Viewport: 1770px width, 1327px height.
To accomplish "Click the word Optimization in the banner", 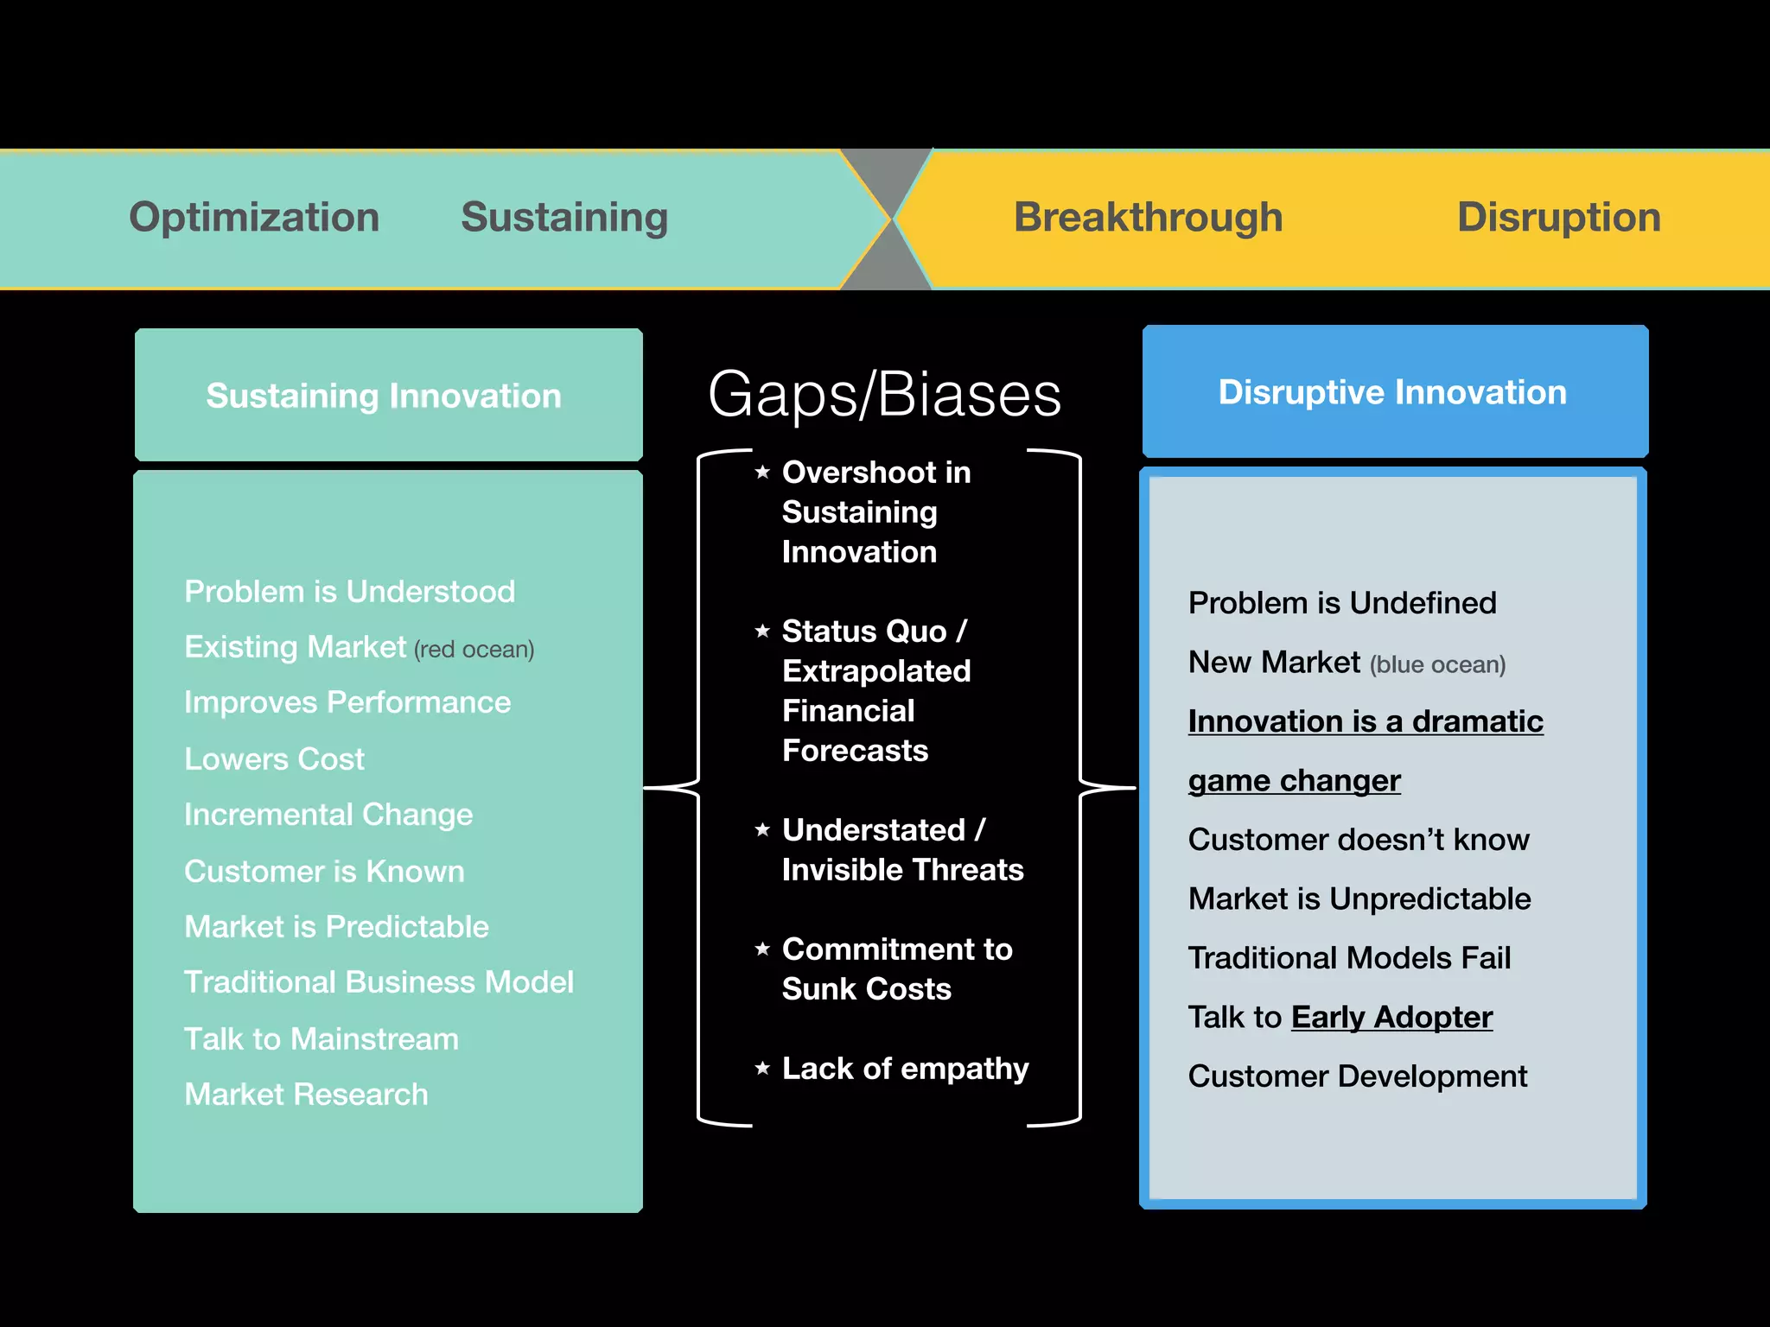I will pos(254,217).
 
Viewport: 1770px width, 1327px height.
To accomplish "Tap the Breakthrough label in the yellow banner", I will pos(1148,217).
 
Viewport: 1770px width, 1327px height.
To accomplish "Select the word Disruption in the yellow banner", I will pos(1558,217).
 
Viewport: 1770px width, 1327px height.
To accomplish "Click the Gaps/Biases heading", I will pos(884,395).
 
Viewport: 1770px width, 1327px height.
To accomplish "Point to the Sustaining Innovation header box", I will pos(388,395).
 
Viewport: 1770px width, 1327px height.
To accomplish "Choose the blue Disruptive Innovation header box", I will pos(1394,391).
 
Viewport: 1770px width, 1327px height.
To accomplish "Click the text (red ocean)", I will pos(474,650).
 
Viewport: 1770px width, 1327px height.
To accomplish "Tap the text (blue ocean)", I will pos(1437,664).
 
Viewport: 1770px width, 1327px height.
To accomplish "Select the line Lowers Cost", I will pos(274,759).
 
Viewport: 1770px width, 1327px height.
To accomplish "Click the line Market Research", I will pos(306,1094).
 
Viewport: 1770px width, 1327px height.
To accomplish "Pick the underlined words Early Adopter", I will pos(1391,1017).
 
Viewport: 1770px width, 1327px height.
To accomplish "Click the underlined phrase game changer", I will pos(1294,780).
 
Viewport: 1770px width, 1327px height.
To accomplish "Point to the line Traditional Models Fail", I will pos(1349,957).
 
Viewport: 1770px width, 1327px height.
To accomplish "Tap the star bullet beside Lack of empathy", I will pos(762,1068).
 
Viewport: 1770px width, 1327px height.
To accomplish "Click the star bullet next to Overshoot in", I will pos(762,472).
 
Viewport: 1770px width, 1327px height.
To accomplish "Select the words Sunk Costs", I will pos(866,988).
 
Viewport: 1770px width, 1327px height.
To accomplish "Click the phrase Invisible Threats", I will pos(902,869).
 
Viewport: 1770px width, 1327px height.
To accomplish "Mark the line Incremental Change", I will pos(328,814).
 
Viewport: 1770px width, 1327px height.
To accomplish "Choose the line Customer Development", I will pos(1357,1076).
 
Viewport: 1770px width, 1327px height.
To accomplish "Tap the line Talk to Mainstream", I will pos(322,1038).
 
